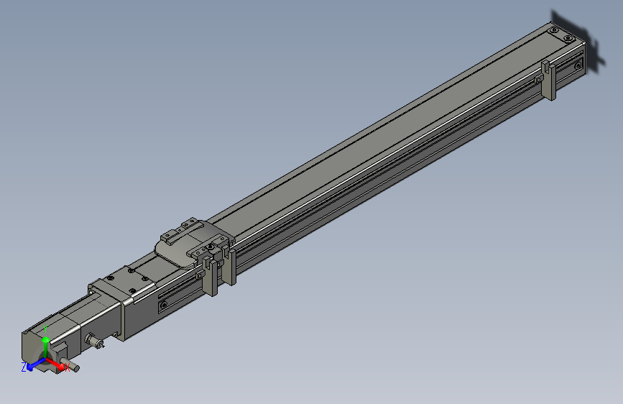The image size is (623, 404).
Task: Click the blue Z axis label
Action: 24,367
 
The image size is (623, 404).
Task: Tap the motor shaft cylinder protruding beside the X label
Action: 72,368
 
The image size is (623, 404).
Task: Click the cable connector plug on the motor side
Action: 93,340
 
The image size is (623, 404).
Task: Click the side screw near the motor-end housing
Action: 165,305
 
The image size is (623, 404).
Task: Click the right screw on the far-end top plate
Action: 568,37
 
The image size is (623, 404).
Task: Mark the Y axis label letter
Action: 45,329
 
